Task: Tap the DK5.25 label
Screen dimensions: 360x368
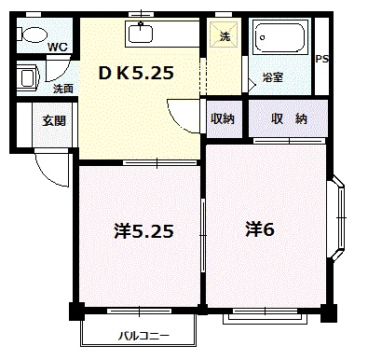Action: click(137, 71)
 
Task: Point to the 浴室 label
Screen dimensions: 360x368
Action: click(273, 77)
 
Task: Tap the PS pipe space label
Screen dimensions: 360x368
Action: click(323, 59)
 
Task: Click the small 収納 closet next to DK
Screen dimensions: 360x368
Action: click(223, 118)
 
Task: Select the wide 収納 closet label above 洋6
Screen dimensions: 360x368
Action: click(289, 118)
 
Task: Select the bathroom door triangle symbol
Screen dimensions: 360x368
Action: click(252, 82)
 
